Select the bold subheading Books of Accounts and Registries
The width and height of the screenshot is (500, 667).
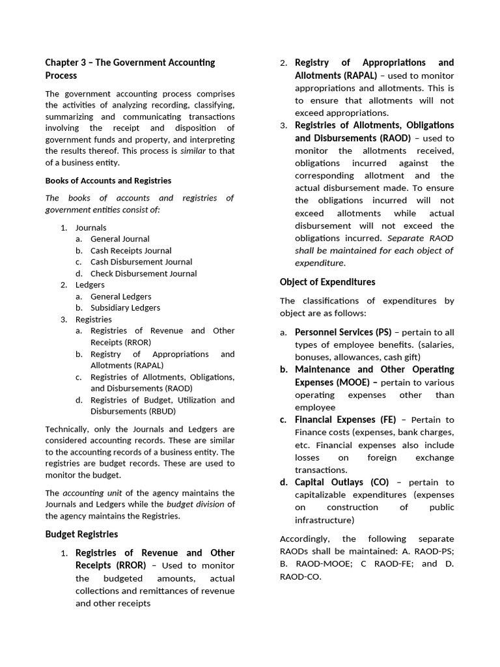(x=108, y=180)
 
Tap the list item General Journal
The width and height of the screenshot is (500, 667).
(x=120, y=239)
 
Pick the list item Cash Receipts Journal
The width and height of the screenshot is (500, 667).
(x=131, y=251)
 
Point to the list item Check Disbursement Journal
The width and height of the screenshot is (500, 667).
(x=143, y=274)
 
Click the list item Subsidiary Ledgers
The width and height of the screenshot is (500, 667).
(x=125, y=307)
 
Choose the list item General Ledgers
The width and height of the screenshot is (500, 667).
(x=120, y=296)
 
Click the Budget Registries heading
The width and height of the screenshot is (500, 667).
(x=81, y=534)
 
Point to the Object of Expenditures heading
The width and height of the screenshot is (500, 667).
(x=327, y=282)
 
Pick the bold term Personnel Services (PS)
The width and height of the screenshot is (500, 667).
(x=343, y=332)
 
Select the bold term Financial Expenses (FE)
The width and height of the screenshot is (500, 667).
(x=345, y=419)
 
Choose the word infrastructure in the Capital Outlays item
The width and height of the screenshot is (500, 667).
(x=323, y=520)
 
